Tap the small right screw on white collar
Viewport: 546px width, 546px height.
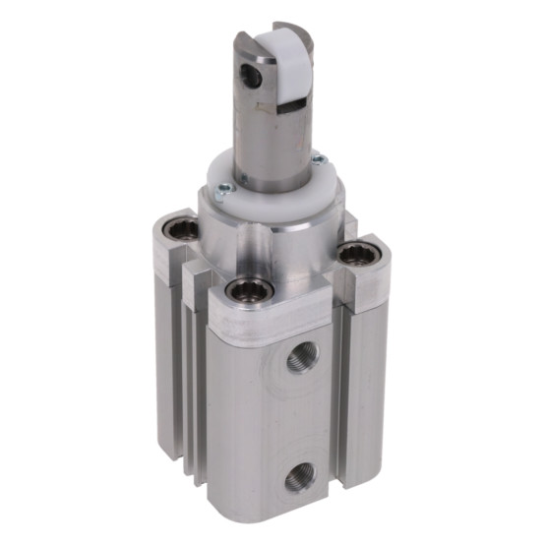point(318,160)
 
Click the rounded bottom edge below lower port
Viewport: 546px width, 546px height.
point(285,521)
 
